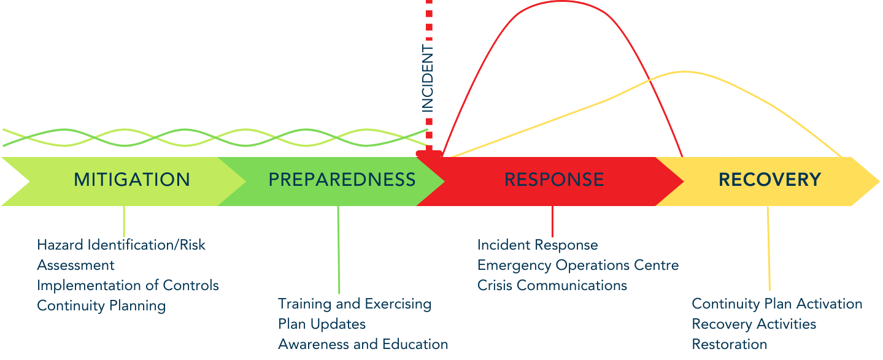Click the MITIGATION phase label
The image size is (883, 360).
[132, 180]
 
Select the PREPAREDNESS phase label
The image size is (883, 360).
[342, 180]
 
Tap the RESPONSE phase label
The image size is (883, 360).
[554, 180]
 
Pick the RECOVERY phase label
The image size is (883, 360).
[770, 180]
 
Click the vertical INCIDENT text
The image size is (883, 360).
[427, 78]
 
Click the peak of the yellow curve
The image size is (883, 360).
[685, 72]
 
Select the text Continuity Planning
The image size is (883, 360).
[101, 306]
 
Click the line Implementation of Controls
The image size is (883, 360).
[128, 285]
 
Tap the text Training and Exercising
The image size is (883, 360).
[355, 304]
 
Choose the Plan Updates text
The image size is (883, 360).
[322, 324]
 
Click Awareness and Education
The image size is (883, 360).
[363, 344]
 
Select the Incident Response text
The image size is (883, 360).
[538, 245]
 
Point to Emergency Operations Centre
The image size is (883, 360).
[578, 266]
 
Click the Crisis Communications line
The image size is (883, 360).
[552, 285]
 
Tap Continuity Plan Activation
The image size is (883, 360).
[777, 304]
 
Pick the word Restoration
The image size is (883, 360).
[730, 344]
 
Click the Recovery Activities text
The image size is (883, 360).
[754, 324]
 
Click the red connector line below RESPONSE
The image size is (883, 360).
[553, 221]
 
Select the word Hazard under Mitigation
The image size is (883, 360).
[61, 245]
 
